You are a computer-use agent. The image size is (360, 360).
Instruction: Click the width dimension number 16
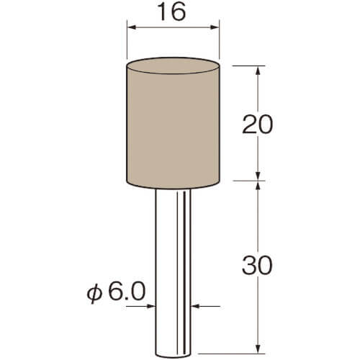[173, 12]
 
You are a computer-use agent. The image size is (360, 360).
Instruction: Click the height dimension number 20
[257, 125]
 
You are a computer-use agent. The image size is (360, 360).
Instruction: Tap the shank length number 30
[257, 266]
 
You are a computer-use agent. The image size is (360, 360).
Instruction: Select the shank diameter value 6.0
[127, 291]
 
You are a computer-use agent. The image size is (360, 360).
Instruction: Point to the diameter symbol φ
[94, 293]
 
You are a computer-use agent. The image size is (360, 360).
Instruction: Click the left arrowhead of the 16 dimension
[132, 27]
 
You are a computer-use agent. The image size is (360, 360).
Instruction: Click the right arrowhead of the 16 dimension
[215, 27]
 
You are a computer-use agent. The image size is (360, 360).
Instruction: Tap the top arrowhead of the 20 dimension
[258, 71]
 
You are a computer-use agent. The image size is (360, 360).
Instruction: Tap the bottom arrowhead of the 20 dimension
[258, 176]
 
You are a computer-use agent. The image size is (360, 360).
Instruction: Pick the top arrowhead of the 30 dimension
[258, 185]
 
